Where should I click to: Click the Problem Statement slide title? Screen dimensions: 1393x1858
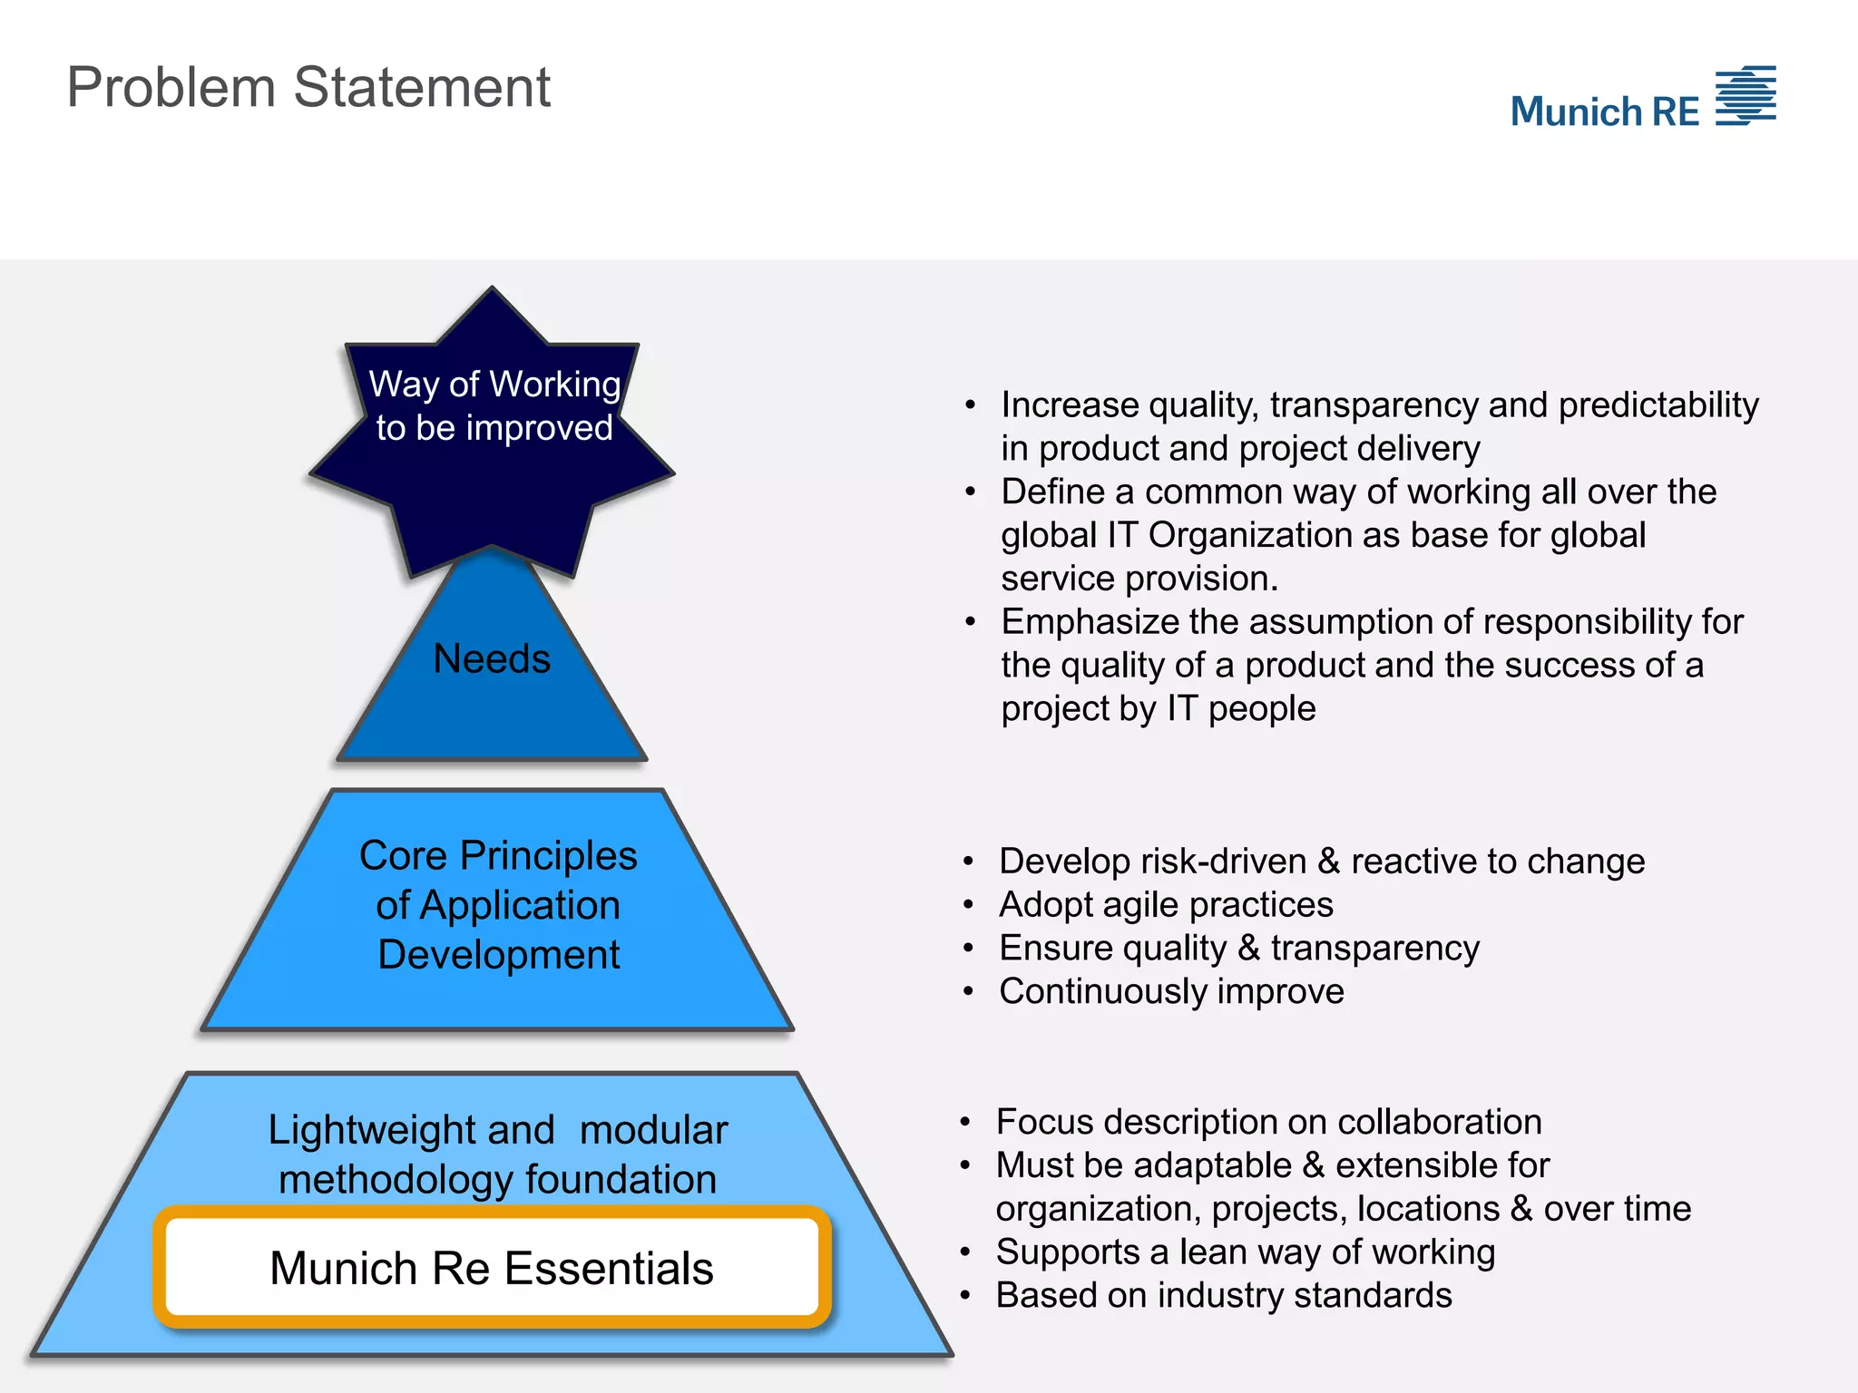(x=308, y=88)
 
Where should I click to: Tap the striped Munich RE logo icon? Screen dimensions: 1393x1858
(x=1746, y=95)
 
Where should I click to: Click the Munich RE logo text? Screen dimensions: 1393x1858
(x=1604, y=112)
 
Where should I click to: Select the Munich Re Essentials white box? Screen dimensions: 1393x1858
(x=492, y=1267)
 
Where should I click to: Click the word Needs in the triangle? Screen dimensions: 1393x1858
(x=492, y=658)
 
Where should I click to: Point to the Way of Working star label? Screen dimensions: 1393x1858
(x=494, y=405)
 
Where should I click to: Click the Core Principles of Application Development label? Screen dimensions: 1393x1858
(x=498, y=904)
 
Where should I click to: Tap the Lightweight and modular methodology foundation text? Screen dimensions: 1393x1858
(x=497, y=1154)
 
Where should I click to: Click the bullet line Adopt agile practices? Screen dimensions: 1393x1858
(x=1166, y=904)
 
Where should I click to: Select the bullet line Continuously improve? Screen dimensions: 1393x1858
(x=1171, y=991)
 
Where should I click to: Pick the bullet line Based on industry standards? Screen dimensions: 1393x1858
(x=1224, y=1295)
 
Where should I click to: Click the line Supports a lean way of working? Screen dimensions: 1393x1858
(x=1246, y=1252)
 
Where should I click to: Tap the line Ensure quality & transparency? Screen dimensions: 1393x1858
(x=1239, y=948)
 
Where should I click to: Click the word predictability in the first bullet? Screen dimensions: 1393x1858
(x=1658, y=405)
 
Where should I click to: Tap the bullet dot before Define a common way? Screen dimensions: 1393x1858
(x=971, y=492)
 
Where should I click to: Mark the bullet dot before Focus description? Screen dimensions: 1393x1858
(x=965, y=1123)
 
